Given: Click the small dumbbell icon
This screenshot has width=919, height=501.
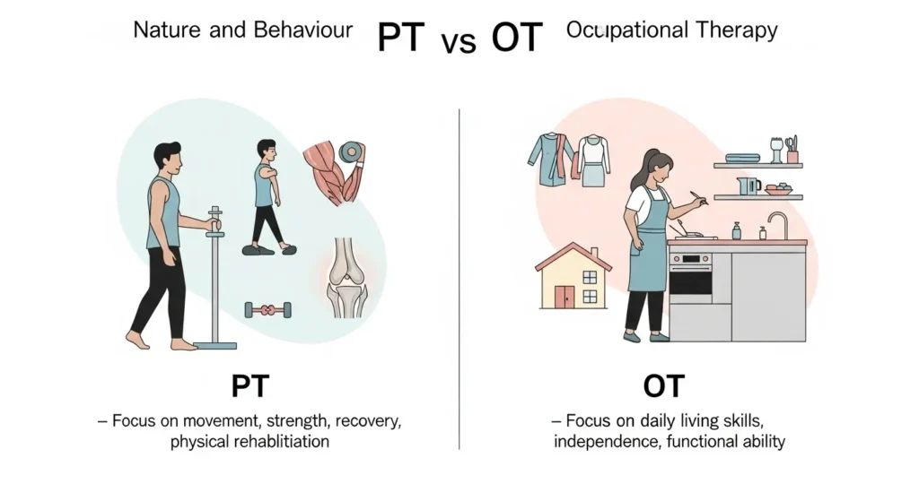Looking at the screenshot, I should [x=267, y=310].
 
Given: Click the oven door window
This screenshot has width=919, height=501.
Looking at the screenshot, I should [x=689, y=284].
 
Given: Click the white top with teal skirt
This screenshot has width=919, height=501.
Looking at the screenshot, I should [x=593, y=161].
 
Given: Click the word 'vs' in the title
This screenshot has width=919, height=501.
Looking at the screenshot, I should [x=458, y=41].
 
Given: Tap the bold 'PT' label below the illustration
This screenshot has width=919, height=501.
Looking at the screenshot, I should [x=251, y=387].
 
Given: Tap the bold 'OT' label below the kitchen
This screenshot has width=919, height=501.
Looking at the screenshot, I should [x=664, y=387].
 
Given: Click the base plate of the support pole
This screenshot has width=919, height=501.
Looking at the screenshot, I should [x=215, y=345].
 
